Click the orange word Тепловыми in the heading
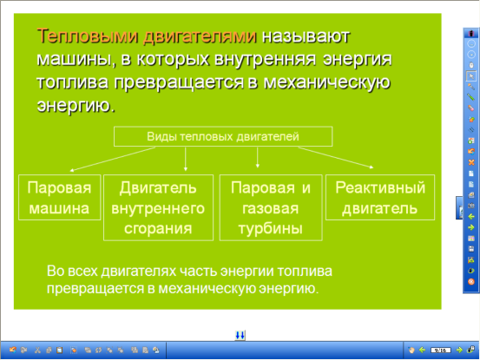pos(88,36)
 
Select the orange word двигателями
pos(200,37)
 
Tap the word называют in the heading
pos(306,36)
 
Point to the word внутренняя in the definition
pos(265,59)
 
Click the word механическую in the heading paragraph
pos(327,82)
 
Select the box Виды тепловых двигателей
pos(223,136)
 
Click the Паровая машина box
pos(59,197)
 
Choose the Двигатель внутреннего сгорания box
pos(158,207)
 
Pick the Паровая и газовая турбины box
pos(271,207)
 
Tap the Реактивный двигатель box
pos(380,197)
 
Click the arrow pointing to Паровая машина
pos(113,159)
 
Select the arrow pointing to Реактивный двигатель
pos(336,158)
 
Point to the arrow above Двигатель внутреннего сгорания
pos(185,159)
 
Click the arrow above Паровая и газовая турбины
pos(258,158)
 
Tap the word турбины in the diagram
pos(271,229)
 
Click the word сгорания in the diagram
pos(158,228)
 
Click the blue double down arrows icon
pos(240,335)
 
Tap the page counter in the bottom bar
pos(441,350)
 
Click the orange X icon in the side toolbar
pos(471,162)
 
